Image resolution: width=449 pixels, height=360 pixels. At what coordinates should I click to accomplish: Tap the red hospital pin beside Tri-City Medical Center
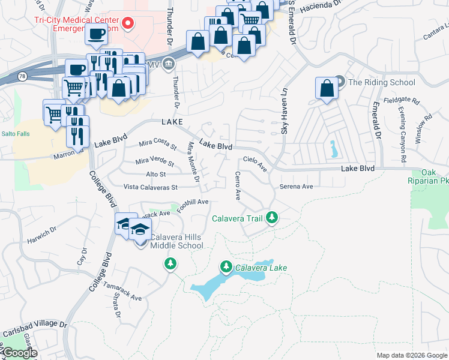click(128, 23)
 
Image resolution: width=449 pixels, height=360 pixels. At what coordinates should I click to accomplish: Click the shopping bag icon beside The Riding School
click(327, 89)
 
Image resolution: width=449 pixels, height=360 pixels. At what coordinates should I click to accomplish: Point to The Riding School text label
click(381, 82)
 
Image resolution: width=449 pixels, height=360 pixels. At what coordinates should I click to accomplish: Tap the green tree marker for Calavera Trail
click(273, 217)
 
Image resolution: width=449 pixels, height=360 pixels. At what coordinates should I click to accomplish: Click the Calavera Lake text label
click(261, 268)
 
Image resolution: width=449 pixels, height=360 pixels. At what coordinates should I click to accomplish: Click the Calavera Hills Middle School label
click(176, 241)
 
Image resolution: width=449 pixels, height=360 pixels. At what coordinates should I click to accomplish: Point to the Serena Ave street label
click(296, 187)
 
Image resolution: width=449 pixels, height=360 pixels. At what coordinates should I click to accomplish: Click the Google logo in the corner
click(19, 353)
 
